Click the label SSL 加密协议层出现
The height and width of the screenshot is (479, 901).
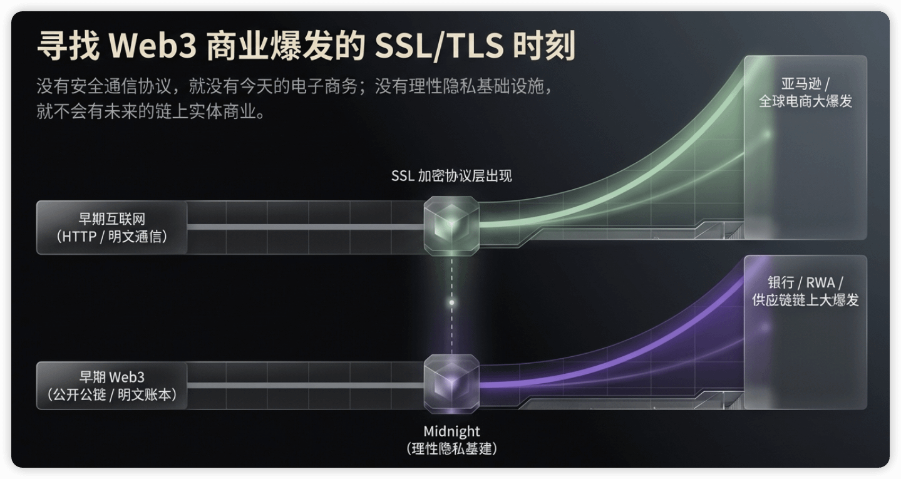coord(451,176)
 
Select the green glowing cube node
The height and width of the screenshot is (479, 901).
coord(451,225)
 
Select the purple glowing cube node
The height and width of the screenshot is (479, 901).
coord(451,383)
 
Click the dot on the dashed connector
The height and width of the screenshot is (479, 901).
coord(451,302)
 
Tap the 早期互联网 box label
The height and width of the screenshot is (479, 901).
coord(111,219)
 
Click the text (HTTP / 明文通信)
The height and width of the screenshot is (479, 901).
coord(111,237)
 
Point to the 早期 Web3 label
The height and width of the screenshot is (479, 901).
coord(111,377)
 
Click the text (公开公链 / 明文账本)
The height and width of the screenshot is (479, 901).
coord(111,394)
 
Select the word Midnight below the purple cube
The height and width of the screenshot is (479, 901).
coord(451,431)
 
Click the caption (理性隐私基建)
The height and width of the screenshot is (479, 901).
coord(451,448)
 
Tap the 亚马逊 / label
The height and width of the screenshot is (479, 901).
coord(805,84)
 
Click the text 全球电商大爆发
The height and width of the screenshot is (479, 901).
coord(805,101)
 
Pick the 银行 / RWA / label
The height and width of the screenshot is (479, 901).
coord(805,282)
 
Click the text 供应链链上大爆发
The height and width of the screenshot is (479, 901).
coord(805,300)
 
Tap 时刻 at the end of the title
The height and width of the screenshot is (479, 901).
coord(543,46)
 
